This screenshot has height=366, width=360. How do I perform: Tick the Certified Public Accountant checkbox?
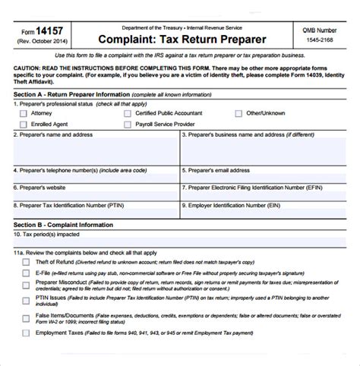[x=128, y=112]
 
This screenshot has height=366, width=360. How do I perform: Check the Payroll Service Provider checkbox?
[x=128, y=124]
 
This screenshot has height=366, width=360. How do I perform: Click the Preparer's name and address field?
[x=96, y=152]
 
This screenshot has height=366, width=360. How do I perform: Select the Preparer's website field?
[x=96, y=195]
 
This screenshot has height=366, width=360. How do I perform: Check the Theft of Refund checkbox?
[x=26, y=262]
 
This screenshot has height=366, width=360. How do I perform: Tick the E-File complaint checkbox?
[x=26, y=272]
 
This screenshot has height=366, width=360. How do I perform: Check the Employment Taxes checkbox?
[x=26, y=332]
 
